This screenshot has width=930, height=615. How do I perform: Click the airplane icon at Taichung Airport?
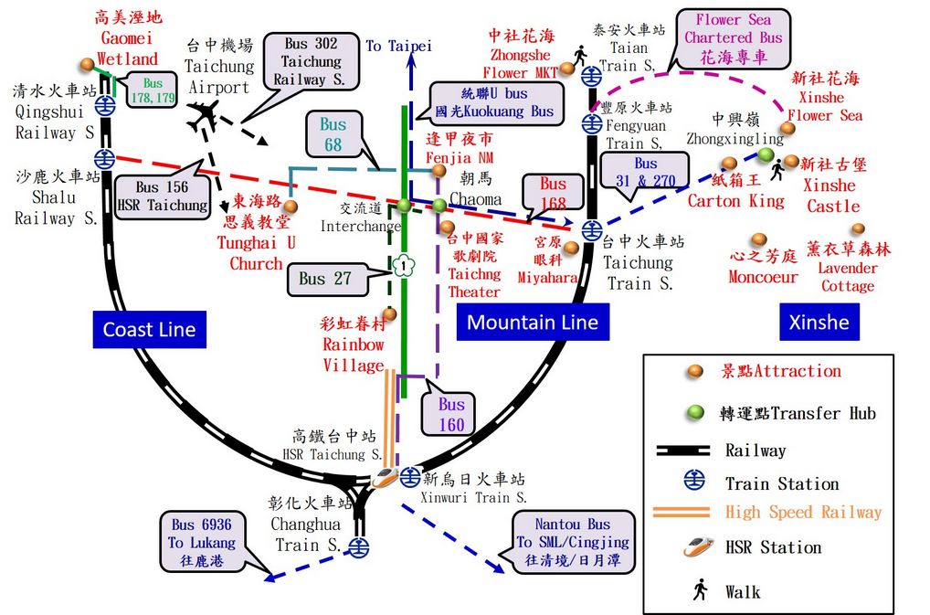204,115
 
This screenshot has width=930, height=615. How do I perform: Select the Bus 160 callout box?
451,414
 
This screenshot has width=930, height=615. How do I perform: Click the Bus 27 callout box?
325,278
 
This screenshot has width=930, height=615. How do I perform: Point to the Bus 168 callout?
553,194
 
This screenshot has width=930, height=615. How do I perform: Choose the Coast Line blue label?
149,330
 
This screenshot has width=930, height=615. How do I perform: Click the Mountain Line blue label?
533,322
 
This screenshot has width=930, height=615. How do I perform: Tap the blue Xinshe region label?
819,322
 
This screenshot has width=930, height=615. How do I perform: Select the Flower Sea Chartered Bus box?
734,38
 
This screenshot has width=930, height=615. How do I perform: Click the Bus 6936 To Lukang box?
202,542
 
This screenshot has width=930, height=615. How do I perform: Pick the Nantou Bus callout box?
573,542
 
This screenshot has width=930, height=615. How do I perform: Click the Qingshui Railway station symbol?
106,105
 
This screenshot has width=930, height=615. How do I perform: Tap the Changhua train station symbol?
359,546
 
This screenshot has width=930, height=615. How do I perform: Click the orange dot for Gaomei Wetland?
87,64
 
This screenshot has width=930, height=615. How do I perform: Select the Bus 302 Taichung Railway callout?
311,61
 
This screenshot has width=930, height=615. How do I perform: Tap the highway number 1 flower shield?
403,267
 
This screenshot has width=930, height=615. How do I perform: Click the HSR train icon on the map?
385,477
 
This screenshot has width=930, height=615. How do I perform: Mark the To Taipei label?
398,46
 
